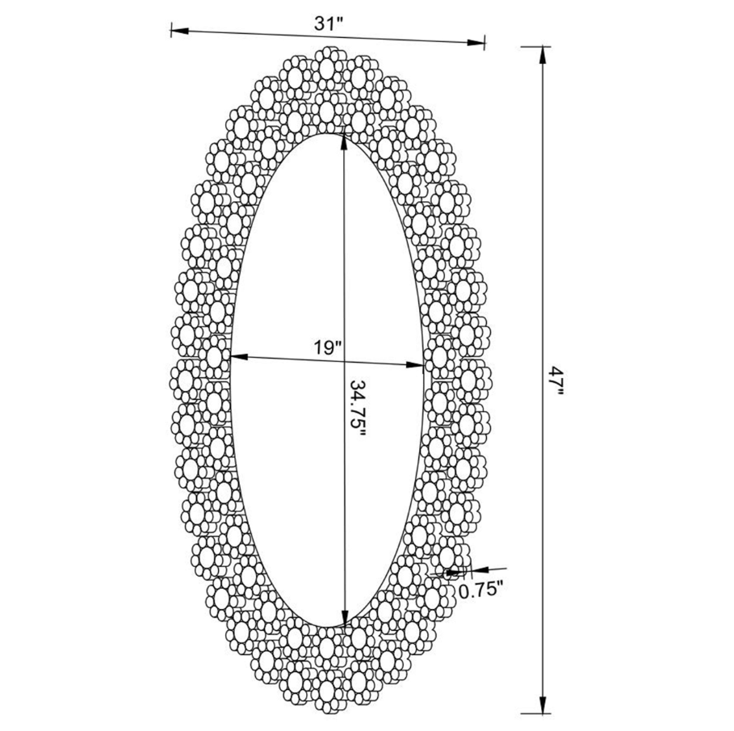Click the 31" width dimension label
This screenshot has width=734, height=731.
click(x=329, y=24)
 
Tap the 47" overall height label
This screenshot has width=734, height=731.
click(x=556, y=380)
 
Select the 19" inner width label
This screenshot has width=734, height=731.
click(x=329, y=347)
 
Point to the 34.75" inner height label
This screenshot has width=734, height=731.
click(x=357, y=407)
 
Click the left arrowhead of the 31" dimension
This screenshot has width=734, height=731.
click(x=180, y=32)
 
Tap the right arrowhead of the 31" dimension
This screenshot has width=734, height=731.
click(x=476, y=43)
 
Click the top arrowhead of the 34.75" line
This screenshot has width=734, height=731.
click(x=344, y=142)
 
